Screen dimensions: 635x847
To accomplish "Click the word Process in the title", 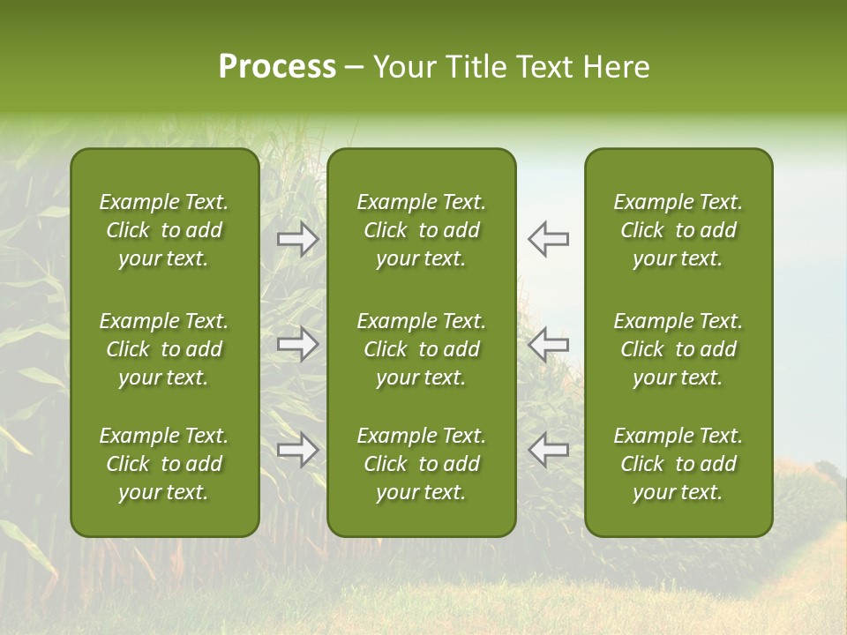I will coord(277,67).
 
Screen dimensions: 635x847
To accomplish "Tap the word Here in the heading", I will coord(617,67).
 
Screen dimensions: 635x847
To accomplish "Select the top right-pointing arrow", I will coord(298,239).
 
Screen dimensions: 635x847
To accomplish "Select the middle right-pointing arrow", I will coord(298,344).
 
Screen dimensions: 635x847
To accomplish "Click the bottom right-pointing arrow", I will coord(298,450).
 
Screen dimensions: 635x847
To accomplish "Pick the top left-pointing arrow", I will coord(548,239).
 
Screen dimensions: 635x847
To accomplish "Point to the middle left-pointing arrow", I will coord(548,344).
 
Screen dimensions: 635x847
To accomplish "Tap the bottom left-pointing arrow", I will coord(548,450).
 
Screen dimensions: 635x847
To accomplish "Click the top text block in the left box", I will coord(164,230).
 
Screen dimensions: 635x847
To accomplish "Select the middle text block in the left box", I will coord(164,349).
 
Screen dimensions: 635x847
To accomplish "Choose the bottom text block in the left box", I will coord(164,464).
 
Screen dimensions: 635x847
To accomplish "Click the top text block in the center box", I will coord(421,230).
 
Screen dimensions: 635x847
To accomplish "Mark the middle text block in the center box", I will coord(421,349).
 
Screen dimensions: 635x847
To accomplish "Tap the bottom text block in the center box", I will coord(421,464).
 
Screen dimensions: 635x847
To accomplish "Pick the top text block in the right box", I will coord(678,230).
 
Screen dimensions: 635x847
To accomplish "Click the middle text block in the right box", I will coord(678,349).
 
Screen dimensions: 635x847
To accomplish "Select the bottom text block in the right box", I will coord(678,464).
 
